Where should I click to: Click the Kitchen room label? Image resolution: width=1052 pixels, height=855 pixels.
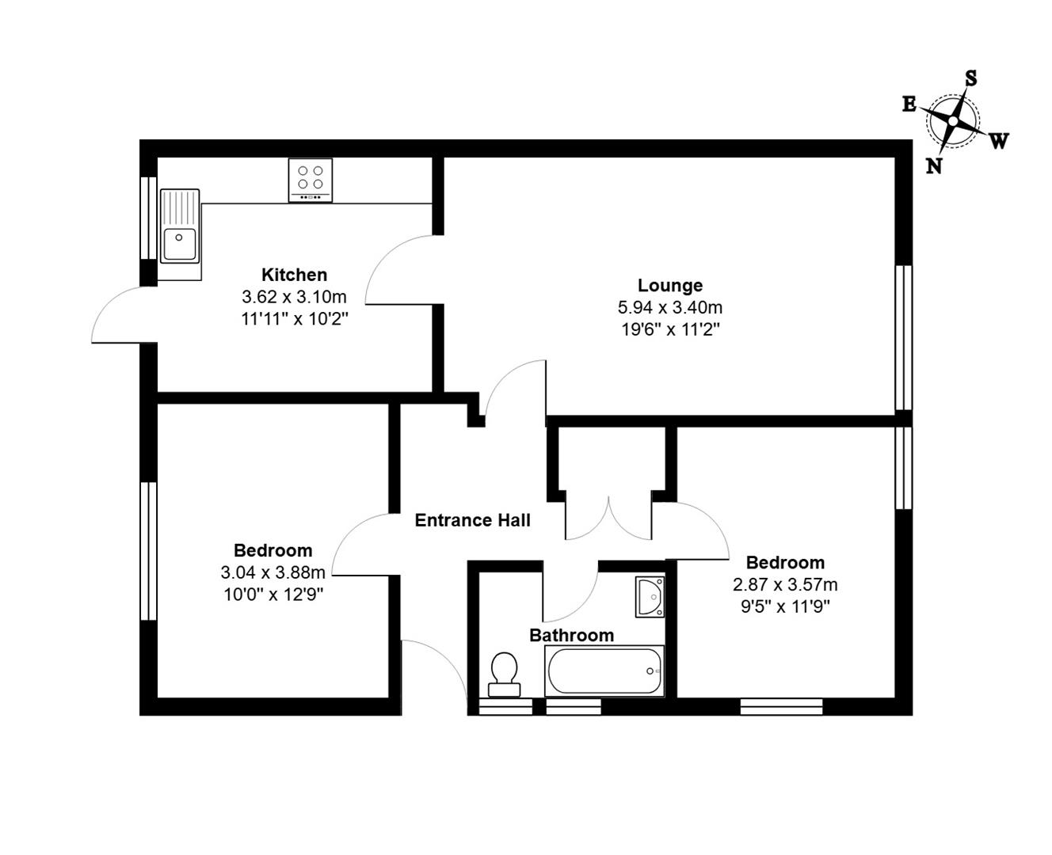[x=294, y=275]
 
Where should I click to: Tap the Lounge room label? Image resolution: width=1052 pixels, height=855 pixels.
[x=669, y=285]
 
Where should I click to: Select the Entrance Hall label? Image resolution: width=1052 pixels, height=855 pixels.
[x=472, y=520]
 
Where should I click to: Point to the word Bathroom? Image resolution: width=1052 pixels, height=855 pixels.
[x=571, y=635]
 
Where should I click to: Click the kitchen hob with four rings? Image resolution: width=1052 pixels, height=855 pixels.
[x=310, y=180]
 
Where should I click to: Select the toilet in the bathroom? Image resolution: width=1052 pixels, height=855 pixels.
[x=503, y=673]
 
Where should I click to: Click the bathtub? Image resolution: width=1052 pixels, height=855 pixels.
[x=604, y=671]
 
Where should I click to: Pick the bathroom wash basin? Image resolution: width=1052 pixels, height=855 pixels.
[x=650, y=596]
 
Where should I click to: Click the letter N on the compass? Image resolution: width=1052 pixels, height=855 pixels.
[x=934, y=166]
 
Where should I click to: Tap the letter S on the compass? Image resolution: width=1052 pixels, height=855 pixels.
[x=970, y=78]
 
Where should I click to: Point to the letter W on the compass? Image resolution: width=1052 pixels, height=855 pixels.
[x=999, y=142]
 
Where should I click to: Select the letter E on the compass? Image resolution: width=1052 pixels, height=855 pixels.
[x=909, y=104]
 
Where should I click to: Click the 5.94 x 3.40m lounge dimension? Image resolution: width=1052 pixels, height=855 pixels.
[x=669, y=307]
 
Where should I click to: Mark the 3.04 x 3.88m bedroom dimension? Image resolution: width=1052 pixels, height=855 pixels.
[x=273, y=572]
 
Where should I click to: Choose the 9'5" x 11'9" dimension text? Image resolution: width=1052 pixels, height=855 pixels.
[x=785, y=606]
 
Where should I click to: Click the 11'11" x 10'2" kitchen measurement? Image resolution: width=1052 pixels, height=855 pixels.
[x=294, y=319]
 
